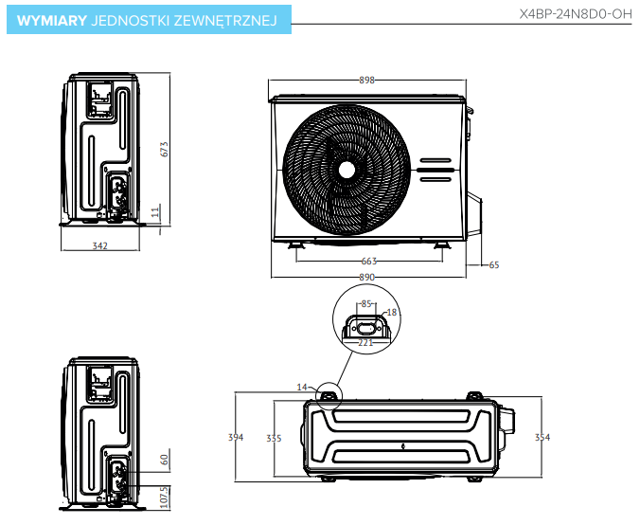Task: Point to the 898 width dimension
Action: (367, 81)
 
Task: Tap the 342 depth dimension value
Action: (100, 246)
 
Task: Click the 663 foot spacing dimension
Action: (369, 261)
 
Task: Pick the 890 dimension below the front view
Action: (367, 277)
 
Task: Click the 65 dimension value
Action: (493, 265)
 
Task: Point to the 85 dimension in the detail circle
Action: (366, 304)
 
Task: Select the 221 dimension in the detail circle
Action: (365, 343)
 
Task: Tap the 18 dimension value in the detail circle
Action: (392, 312)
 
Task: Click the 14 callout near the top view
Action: (302, 387)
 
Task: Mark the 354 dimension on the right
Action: (542, 437)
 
